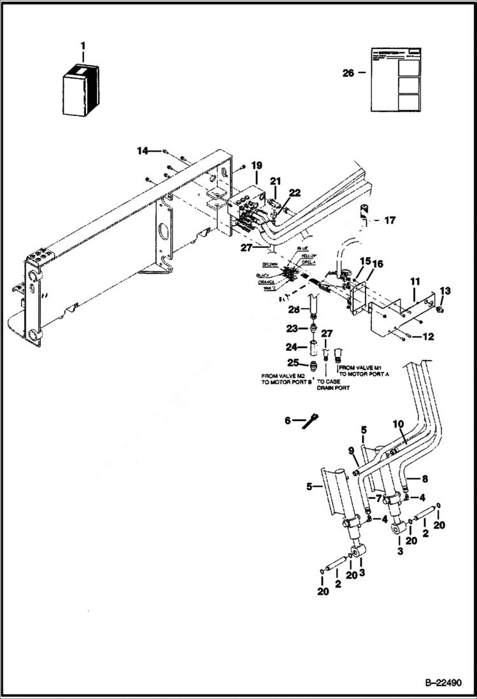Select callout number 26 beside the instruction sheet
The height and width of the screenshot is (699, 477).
348,73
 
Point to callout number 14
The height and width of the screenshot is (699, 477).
141,150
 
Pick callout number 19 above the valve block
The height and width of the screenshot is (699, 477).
256,166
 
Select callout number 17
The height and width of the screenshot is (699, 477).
390,220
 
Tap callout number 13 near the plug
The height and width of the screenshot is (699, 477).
445,291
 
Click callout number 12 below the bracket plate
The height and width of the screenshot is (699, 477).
427,336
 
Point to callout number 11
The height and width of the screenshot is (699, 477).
415,280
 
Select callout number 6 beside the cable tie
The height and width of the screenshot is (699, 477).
287,421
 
